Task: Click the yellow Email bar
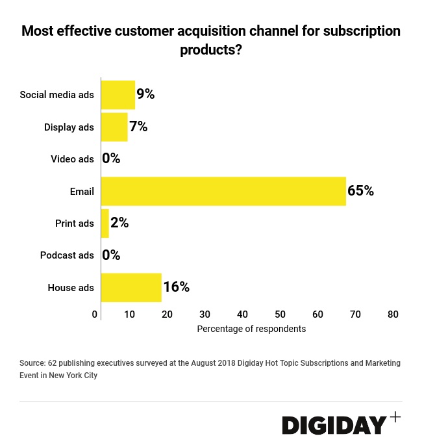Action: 223,191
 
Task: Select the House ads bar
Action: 131,287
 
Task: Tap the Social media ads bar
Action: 118,94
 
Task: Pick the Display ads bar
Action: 114,127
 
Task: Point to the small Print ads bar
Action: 105,223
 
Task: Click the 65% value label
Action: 360,191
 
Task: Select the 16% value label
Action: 176,287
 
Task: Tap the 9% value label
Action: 145,94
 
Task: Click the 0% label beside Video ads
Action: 112,159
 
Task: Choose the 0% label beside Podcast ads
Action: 112,255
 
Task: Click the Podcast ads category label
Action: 67,255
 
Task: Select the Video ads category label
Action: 72,159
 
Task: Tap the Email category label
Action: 82,191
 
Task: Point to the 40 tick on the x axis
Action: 242,314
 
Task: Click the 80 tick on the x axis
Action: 393,314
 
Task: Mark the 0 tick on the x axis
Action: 95,314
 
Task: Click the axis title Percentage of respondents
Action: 251,329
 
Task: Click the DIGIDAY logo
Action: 334,426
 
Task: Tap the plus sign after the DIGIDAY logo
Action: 395,416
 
